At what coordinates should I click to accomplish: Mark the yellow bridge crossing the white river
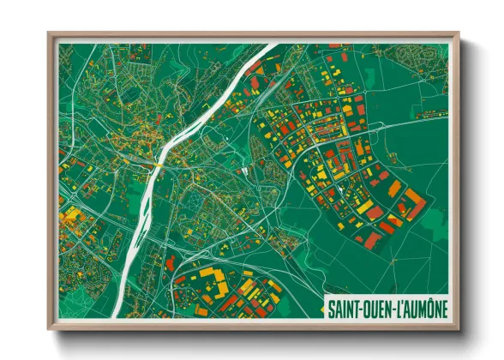click(159, 162)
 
